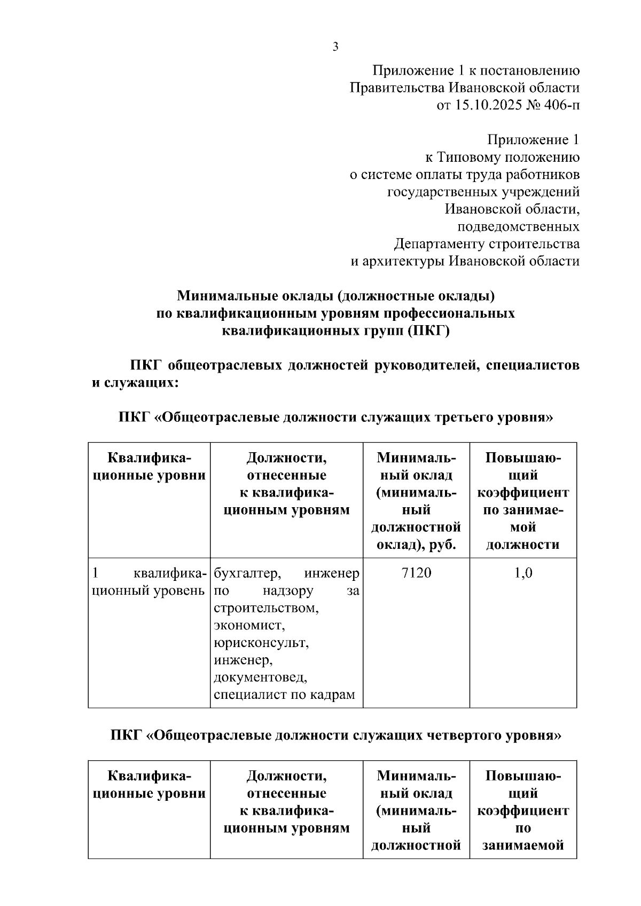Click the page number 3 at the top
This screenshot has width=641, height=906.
(335, 47)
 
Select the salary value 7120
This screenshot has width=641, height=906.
(416, 573)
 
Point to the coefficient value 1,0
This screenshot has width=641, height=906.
(523, 573)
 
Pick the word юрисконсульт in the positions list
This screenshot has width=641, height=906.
(261, 642)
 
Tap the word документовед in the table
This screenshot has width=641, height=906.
(261, 677)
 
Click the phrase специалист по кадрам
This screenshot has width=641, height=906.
(284, 695)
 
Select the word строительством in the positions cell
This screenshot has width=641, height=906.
(266, 608)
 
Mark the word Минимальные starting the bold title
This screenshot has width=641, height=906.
(222, 295)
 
